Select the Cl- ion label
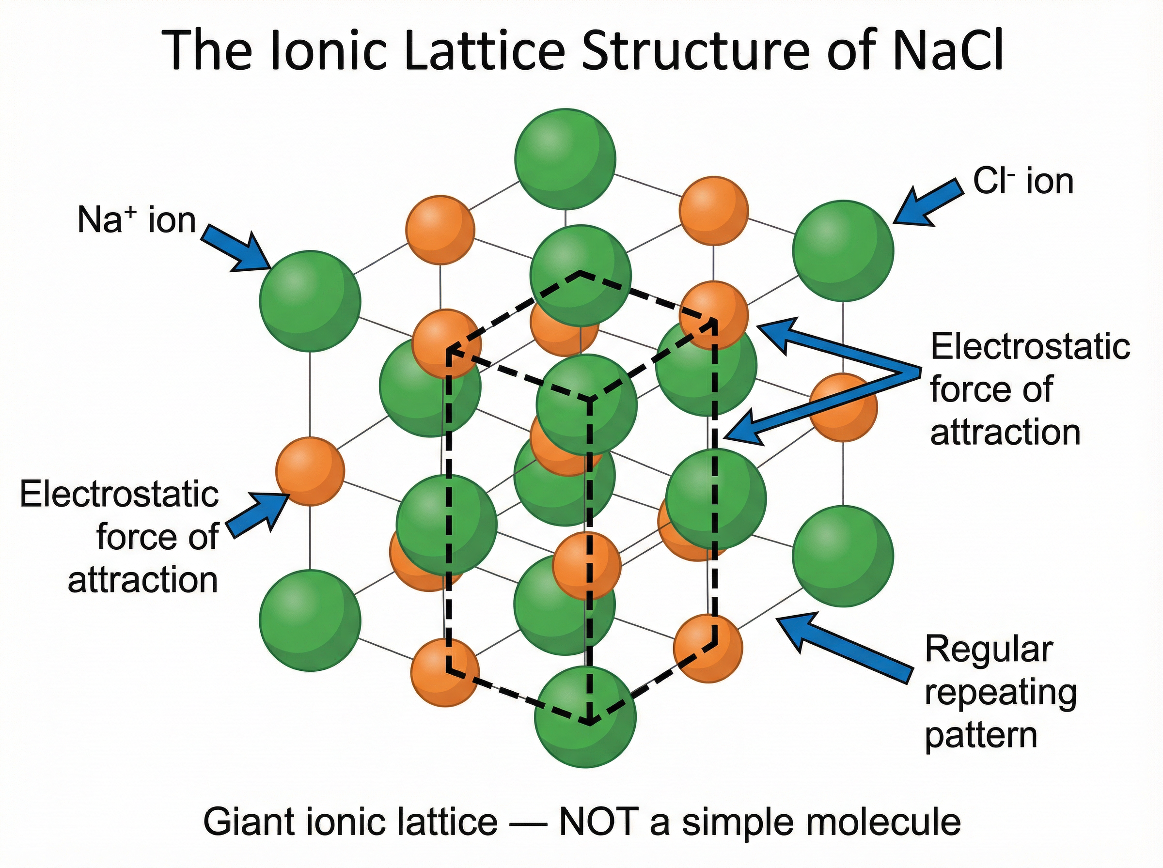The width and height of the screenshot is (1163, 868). coord(1022,182)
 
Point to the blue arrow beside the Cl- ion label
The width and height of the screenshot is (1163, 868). coord(928,202)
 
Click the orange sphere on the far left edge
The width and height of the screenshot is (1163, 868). coord(310,471)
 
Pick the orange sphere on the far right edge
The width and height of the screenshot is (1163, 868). coord(842,407)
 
